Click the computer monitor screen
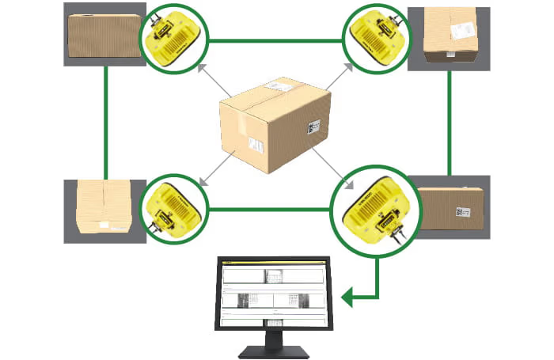pyautogui.click(x=272, y=294)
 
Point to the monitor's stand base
pyautogui.click(x=273, y=349)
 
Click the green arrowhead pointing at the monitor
pyautogui.click(x=347, y=297)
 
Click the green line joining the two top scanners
pyautogui.click(x=275, y=39)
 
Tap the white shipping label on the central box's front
pyautogui.click(x=256, y=145)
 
